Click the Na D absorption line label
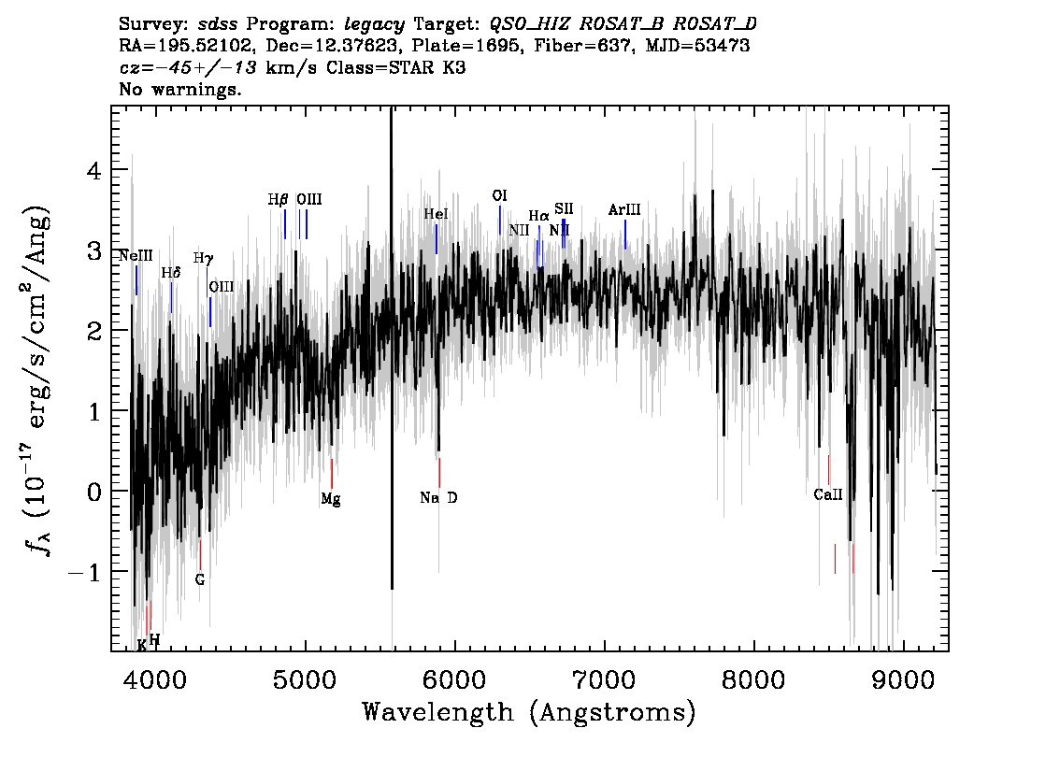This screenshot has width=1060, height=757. pos(438,498)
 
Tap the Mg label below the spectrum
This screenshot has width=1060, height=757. pos(331,499)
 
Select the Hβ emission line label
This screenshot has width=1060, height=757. pos(278,199)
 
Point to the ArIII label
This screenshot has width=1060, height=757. pos(624,209)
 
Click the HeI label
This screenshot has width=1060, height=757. pos(436,214)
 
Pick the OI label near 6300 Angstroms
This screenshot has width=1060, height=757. pos(499,196)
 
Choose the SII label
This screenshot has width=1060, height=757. pos(564,208)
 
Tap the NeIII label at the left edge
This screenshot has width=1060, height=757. pos(136,256)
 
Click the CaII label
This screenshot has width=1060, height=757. pos(828,494)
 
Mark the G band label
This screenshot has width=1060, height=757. pos(199,580)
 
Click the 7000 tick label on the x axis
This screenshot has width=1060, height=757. pos(603,680)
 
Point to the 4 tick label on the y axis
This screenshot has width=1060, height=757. pos(94,170)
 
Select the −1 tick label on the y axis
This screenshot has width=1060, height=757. pos(84,573)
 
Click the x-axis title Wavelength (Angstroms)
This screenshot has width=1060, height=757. pos(529,712)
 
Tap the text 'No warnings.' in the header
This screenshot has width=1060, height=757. pos(179,89)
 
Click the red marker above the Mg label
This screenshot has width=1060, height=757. pos(331,473)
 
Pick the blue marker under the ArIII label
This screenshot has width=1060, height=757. pos(625,234)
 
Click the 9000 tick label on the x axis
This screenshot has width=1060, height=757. pos(902,680)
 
